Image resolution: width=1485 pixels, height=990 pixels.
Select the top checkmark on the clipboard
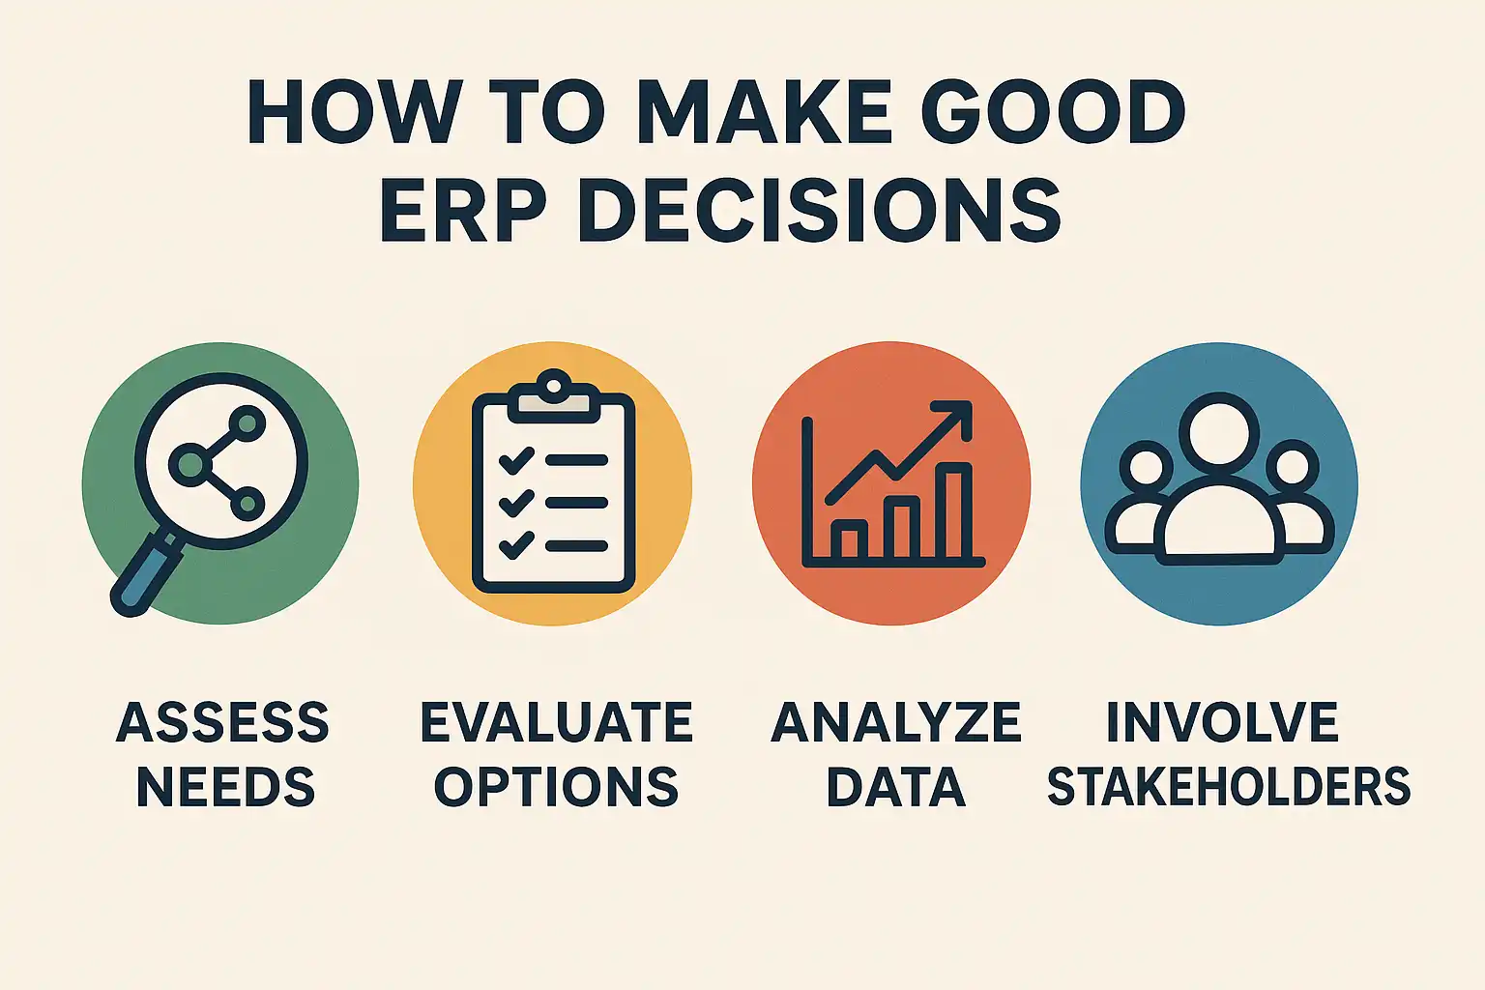coord(516,459)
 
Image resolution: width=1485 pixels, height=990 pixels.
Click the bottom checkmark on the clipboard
coord(516,545)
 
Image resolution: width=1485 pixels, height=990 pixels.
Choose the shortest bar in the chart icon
coord(849,539)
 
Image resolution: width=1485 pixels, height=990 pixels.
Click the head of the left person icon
coord(1146,467)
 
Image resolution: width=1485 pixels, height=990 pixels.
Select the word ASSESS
coord(222,722)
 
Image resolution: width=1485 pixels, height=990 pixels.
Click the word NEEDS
coord(225,786)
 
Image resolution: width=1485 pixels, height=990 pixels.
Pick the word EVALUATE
coord(556,722)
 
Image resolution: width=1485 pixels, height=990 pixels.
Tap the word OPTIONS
coord(556,786)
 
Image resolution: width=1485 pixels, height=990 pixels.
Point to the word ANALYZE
coord(895,722)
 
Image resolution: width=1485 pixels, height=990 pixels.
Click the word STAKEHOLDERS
coord(1229,786)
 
